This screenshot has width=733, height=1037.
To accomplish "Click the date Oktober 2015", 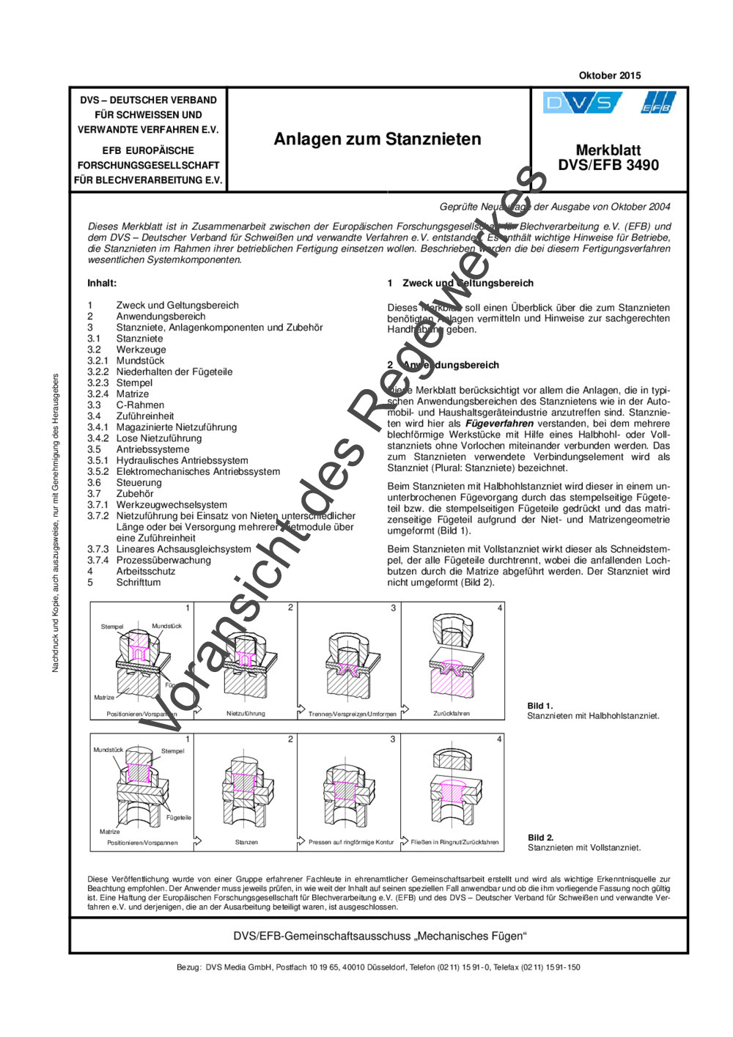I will [609, 75].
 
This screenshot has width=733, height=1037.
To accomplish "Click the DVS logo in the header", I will [582, 103].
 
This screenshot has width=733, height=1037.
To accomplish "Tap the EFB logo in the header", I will [657, 103].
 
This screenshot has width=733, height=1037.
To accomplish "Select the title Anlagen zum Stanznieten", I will [377, 139].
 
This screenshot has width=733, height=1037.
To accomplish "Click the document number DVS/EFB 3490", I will [608, 166].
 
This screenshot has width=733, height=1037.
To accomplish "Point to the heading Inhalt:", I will [102, 283].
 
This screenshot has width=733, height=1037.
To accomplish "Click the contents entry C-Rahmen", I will [140, 405].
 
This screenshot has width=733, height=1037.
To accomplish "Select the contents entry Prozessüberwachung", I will [163, 560].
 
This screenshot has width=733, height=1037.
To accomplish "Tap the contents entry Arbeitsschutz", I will [146, 571].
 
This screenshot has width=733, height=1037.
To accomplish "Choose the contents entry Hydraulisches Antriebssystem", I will [182, 460].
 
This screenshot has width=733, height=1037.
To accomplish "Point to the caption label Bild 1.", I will [540, 706].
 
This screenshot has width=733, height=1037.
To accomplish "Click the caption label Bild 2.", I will [541, 838].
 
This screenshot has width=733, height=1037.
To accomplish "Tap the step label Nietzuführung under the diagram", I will [246, 713].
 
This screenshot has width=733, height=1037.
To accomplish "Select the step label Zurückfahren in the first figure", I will [452, 713].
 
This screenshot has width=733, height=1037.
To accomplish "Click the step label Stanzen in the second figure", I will [246, 842].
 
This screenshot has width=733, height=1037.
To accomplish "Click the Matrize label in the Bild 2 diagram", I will [110, 832].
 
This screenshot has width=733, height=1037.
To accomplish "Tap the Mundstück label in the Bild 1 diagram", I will [166, 626].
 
